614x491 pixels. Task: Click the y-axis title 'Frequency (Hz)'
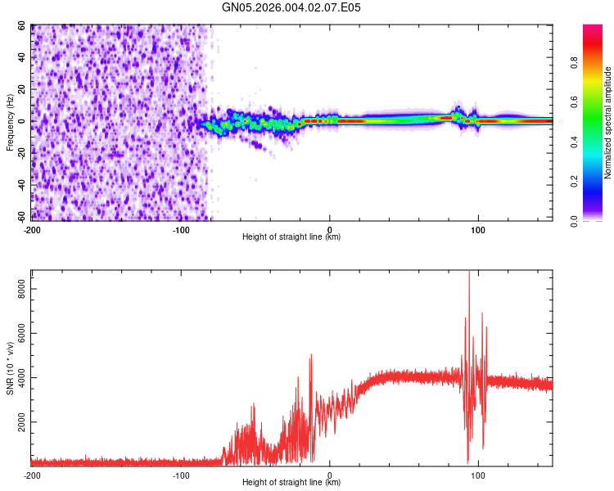pyautogui.click(x=10, y=122)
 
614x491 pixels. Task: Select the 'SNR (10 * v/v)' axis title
pyautogui.click(x=10, y=367)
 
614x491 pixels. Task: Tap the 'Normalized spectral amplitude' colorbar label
pyautogui.click(x=608, y=123)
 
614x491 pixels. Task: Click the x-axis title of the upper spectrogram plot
pyautogui.click(x=291, y=237)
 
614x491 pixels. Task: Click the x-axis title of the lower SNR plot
pyautogui.click(x=291, y=483)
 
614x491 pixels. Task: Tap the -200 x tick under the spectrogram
pyautogui.click(x=32, y=229)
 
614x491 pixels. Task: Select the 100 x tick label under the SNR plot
pyautogui.click(x=478, y=475)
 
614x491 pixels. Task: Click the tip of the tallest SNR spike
pyautogui.click(x=468, y=273)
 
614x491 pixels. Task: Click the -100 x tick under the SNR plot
pyautogui.click(x=181, y=475)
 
